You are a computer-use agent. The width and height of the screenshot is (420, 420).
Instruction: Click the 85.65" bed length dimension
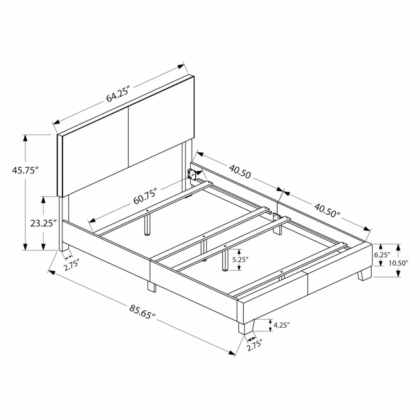(x=142, y=312)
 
